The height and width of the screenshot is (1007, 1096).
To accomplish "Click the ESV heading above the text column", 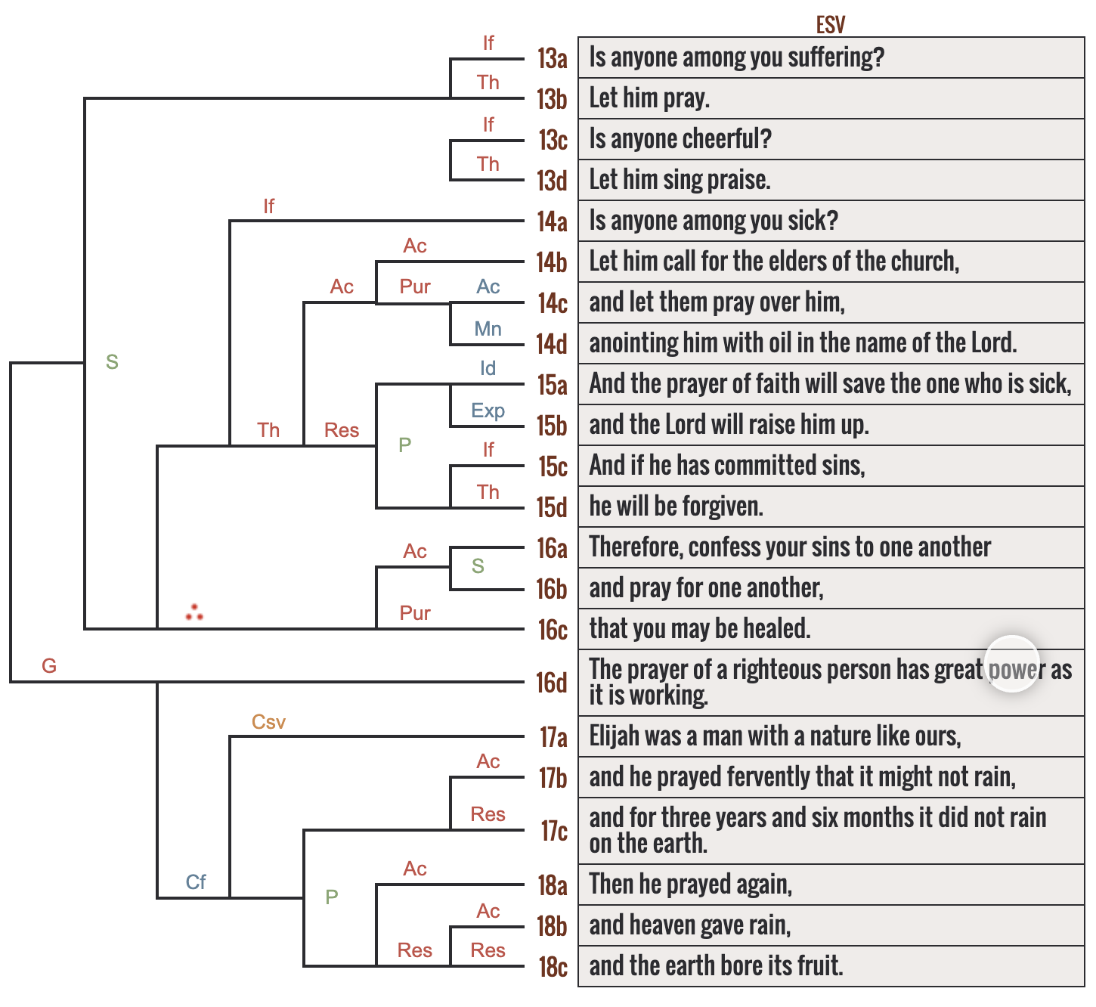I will pyautogui.click(x=830, y=25).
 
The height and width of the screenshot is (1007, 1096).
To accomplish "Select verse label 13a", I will pyautogui.click(x=552, y=58).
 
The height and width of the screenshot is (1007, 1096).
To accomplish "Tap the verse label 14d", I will pyautogui.click(x=551, y=344).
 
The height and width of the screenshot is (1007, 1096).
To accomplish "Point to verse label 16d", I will pyautogui.click(x=551, y=683).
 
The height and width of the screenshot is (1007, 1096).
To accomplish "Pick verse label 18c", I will pyautogui.click(x=552, y=967).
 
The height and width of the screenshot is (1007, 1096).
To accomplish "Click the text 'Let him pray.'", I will pyautogui.click(x=649, y=98).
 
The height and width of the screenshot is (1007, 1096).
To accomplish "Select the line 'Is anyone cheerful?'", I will pyautogui.click(x=680, y=139).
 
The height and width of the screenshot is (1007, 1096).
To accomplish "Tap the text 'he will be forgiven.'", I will pyautogui.click(x=676, y=507).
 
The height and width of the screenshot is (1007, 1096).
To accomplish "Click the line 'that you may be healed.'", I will pyautogui.click(x=699, y=629).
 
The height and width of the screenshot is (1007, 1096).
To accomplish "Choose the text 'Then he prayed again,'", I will pyautogui.click(x=690, y=885).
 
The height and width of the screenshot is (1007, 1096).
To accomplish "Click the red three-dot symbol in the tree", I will pyautogui.click(x=194, y=612).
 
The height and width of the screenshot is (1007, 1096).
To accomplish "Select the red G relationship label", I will pyautogui.click(x=49, y=666).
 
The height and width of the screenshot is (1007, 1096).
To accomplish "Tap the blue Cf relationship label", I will pyautogui.click(x=196, y=882).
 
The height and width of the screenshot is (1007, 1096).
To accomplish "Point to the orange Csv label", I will pyautogui.click(x=268, y=722).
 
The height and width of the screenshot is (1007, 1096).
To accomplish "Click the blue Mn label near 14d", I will pyautogui.click(x=488, y=329).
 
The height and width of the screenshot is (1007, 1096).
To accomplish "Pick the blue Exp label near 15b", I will pyautogui.click(x=488, y=411).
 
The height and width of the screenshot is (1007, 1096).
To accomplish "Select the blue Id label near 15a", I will pyautogui.click(x=488, y=368).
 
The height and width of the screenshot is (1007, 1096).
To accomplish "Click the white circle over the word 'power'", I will pyautogui.click(x=1012, y=664).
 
